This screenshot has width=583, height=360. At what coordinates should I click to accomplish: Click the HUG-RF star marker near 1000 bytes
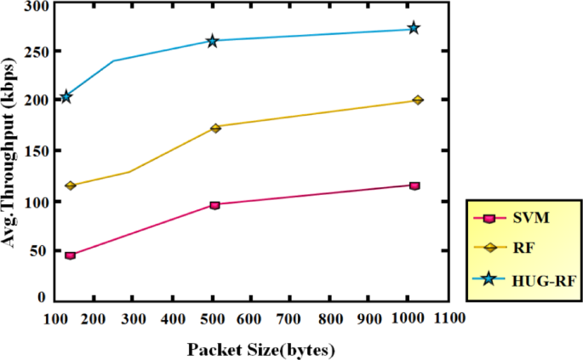point(414,28)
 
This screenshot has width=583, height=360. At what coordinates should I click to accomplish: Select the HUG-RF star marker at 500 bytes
point(212,41)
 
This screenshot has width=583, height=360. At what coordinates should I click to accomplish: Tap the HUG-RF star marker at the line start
point(66,97)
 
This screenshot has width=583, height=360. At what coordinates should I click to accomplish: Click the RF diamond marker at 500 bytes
point(215,128)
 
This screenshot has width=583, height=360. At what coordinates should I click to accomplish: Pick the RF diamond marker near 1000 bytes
point(417,100)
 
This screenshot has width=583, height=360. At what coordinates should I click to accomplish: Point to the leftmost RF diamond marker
point(71,186)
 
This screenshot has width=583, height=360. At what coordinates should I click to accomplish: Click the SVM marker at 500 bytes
point(214,205)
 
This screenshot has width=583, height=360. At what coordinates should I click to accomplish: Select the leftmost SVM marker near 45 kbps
point(70,255)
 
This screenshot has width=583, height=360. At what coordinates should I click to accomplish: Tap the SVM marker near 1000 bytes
point(414,186)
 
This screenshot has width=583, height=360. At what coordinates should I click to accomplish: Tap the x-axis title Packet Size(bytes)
point(261,350)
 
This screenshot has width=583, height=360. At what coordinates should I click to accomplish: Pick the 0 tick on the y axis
point(40,298)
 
